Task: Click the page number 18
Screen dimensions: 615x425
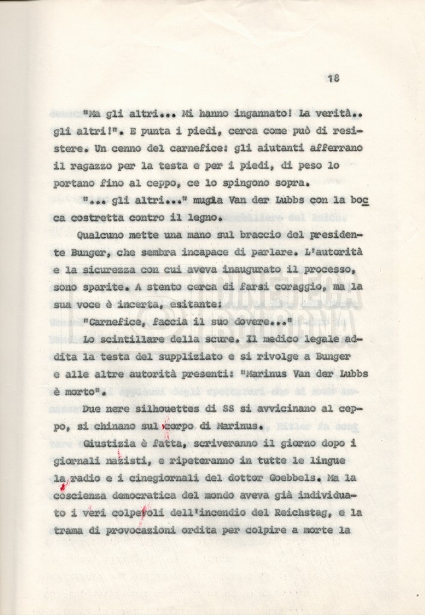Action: (334, 77)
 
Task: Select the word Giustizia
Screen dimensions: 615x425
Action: (114, 443)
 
